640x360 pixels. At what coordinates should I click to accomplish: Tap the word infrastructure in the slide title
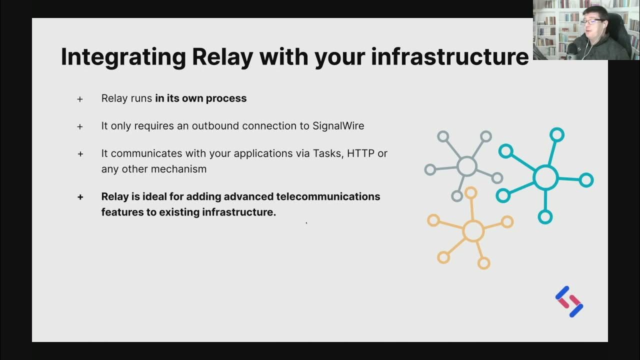(449, 56)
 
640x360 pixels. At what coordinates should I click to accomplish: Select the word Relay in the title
(222, 57)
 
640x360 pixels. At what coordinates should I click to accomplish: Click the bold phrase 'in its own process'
(200, 98)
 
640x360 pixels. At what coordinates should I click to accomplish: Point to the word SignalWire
(338, 126)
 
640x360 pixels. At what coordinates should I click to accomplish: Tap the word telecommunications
(328, 196)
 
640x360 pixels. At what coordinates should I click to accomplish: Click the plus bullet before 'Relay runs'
(80, 99)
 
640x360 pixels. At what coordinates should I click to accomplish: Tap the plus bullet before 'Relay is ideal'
(80, 197)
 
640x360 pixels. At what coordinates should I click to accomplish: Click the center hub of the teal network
(545, 177)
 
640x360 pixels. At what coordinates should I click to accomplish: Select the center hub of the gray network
(466, 166)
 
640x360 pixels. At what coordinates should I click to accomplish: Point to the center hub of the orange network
(473, 231)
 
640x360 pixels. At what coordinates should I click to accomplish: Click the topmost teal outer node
(556, 134)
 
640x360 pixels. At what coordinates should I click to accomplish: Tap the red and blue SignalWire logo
(569, 301)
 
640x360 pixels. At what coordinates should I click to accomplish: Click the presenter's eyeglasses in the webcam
(591, 22)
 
